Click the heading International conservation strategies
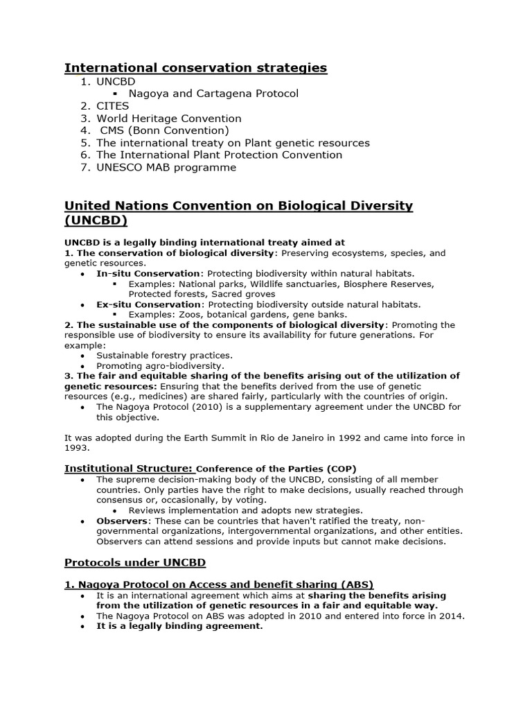click(x=195, y=67)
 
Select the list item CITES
click(x=112, y=106)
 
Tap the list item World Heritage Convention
click(x=168, y=119)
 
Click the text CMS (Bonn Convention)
click(x=164, y=130)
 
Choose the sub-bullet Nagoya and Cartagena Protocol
click(x=213, y=94)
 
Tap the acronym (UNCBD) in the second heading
click(x=96, y=220)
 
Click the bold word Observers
click(x=122, y=521)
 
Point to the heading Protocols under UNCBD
click(x=134, y=562)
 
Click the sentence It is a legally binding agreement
click(x=179, y=626)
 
